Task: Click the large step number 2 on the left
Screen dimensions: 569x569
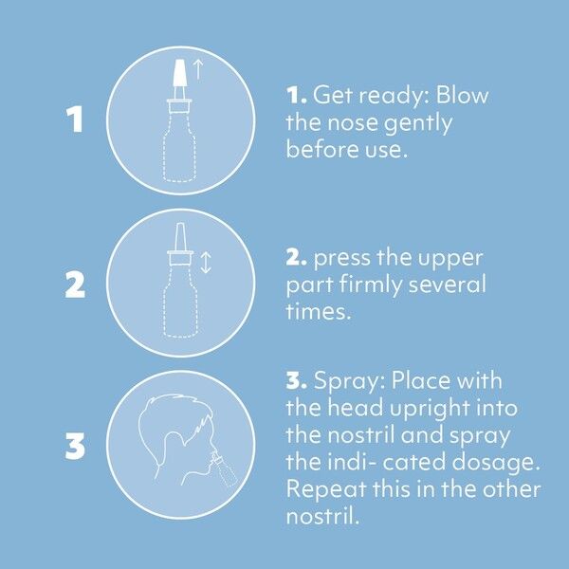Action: coord(75,283)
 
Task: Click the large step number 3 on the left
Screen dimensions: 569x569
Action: coord(75,445)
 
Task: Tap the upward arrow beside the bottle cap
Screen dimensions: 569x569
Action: coord(198,66)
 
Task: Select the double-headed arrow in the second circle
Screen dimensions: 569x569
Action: coord(206,260)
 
